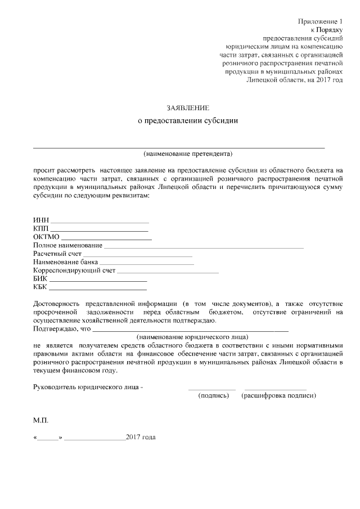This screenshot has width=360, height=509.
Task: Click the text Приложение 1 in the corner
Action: coord(320,21)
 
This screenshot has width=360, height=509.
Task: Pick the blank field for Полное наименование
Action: coord(204,247)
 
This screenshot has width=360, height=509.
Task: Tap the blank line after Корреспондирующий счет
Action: coord(168,273)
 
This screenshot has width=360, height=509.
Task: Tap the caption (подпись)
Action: coord(214,396)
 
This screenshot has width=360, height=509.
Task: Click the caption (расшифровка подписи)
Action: coord(278,396)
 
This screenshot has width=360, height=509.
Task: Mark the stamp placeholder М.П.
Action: coord(41,420)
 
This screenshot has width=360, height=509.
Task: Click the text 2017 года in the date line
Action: coord(141,437)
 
